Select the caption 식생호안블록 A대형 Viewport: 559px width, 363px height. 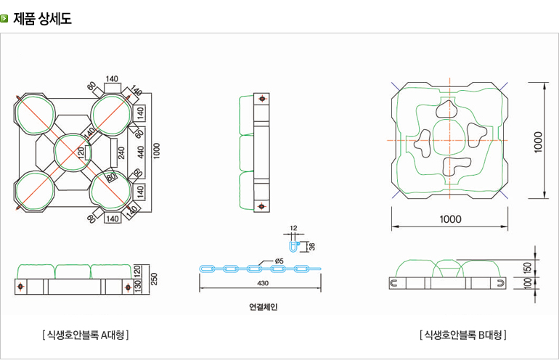(x=86, y=335)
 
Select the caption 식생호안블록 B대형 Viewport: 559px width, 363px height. (x=462, y=335)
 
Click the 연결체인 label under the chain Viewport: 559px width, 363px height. (x=264, y=306)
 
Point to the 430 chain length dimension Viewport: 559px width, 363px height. (x=262, y=283)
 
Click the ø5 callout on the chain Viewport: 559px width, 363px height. (x=279, y=260)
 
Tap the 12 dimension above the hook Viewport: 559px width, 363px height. (x=293, y=228)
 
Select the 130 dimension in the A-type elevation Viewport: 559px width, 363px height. (x=139, y=287)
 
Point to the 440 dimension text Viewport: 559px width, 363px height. (x=140, y=151)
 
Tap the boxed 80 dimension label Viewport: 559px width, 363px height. (x=111, y=176)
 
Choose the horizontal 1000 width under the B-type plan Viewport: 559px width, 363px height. (x=449, y=219)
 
